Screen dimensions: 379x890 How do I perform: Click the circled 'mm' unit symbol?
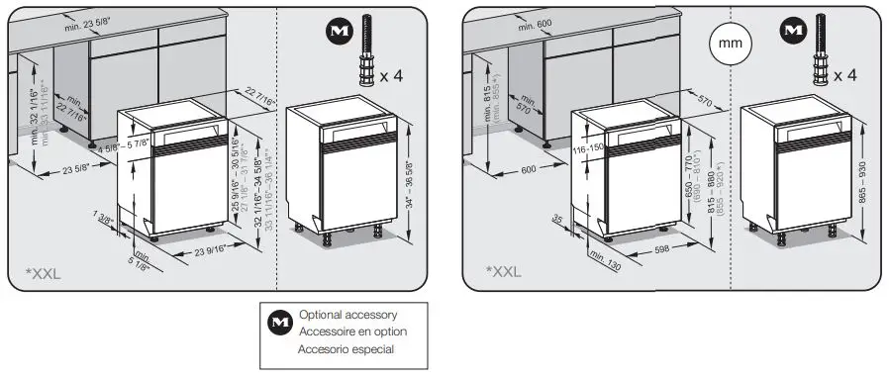[x=729, y=45]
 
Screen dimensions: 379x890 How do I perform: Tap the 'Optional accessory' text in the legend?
[x=353, y=314]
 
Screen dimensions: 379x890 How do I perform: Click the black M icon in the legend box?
[x=280, y=323]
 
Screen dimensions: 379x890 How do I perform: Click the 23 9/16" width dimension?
[x=204, y=251]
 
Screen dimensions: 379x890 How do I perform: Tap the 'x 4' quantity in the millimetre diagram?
[x=844, y=75]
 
